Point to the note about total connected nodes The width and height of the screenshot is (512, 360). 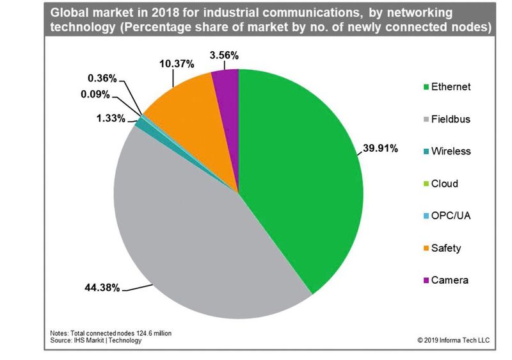click(110, 333)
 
